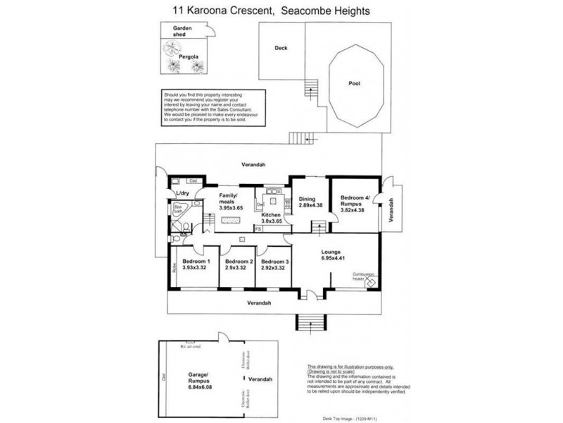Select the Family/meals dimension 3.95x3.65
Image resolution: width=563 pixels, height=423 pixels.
232,209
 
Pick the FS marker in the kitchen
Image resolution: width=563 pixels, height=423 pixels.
258,229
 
